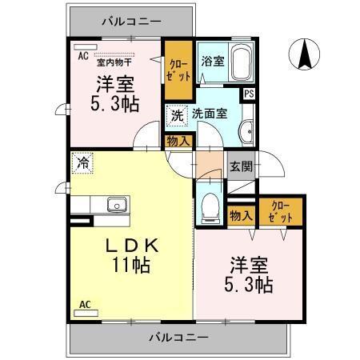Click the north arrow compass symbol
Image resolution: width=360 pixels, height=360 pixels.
click(304, 54)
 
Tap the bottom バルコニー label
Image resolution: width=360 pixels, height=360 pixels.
click(177, 338)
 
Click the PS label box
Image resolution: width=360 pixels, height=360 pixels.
click(250, 94)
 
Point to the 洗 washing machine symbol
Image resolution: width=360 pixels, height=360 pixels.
click(177, 115)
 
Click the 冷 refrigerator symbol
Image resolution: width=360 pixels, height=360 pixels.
click(83, 162)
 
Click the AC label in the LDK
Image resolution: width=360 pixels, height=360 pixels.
click(86, 304)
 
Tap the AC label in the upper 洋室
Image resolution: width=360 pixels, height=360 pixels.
click(82, 55)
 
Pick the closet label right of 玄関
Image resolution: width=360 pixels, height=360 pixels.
click(281, 210)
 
